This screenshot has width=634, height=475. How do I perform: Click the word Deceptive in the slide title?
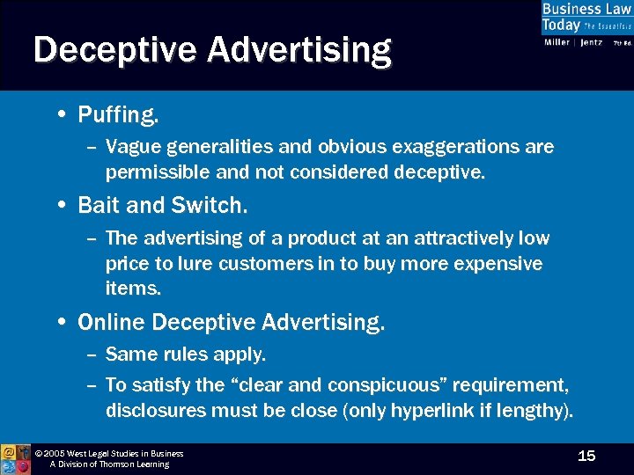(x=114, y=49)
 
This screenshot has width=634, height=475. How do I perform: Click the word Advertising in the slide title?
(x=299, y=49)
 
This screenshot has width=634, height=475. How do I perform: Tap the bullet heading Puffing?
(x=118, y=114)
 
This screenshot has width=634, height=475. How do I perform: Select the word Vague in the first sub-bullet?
(x=132, y=147)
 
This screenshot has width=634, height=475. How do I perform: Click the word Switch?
(x=217, y=205)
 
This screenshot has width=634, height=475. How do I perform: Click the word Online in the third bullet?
(x=112, y=323)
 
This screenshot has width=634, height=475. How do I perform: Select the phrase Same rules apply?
(x=185, y=354)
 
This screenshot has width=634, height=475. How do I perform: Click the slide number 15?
(x=586, y=455)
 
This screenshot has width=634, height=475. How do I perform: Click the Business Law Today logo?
(x=586, y=25)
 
